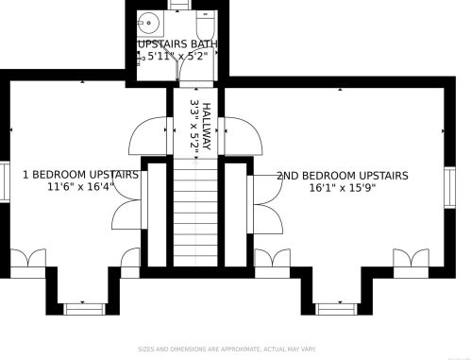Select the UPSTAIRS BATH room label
[x=177, y=44]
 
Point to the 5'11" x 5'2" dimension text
[x=182, y=58]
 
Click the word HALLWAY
[x=207, y=123]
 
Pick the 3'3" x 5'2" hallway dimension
[x=194, y=123]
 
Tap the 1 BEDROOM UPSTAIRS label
[x=80, y=175]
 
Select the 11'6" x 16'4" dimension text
[x=80, y=187]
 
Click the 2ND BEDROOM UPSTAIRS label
[x=342, y=176]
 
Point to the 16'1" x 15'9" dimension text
[x=342, y=188]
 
